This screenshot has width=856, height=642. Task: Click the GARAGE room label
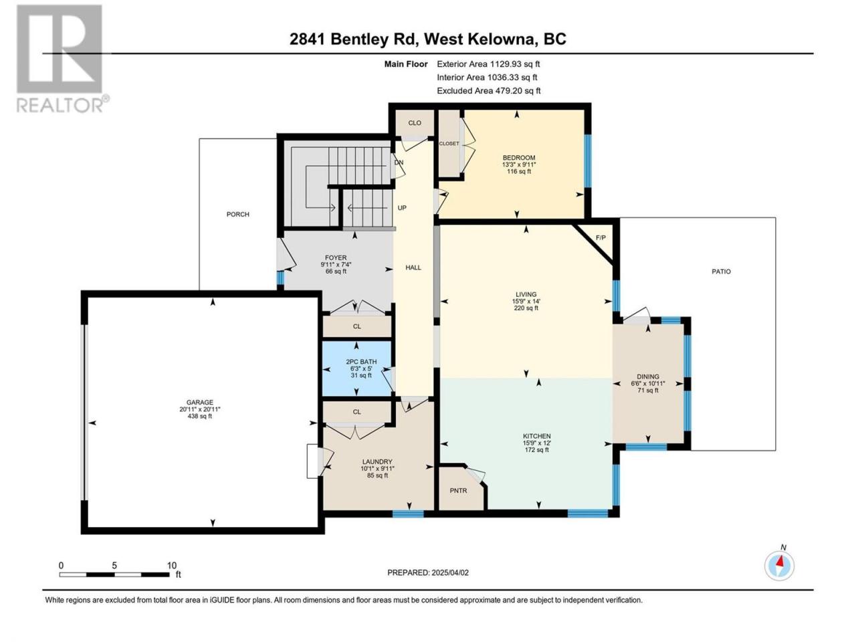(200, 403)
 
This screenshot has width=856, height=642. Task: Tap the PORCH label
(238, 215)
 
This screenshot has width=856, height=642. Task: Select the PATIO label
(721, 272)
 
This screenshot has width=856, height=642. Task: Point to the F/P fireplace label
(601, 237)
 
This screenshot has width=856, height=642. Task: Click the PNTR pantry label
(458, 491)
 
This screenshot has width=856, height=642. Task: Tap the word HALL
(413, 267)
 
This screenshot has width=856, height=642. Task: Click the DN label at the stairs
(399, 163)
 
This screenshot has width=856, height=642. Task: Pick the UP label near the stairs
(402, 208)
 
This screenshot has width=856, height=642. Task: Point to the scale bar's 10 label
(172, 566)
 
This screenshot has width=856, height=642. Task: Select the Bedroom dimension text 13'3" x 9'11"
(519, 165)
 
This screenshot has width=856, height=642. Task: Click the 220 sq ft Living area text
(526, 308)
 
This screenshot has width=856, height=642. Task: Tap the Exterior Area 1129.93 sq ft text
(488, 64)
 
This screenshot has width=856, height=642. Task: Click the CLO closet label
(415, 123)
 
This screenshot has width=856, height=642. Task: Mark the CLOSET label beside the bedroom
(449, 143)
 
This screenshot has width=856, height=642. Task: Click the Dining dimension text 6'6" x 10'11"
(648, 384)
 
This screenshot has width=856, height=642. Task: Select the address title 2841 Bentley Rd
(353, 39)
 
